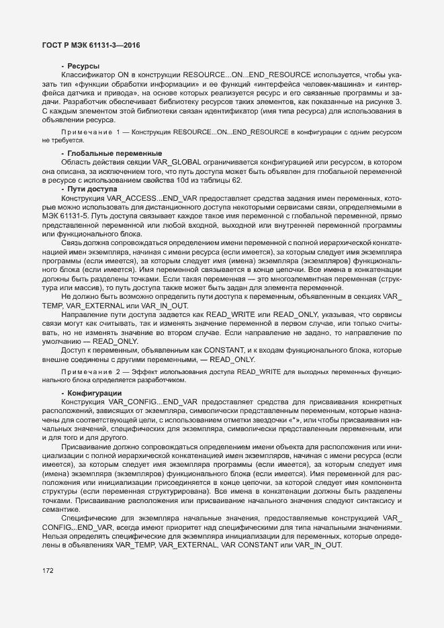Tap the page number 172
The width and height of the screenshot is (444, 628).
(48, 571)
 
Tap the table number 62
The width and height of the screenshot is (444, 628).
(237, 181)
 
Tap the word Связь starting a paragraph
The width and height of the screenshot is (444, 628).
(73, 242)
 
